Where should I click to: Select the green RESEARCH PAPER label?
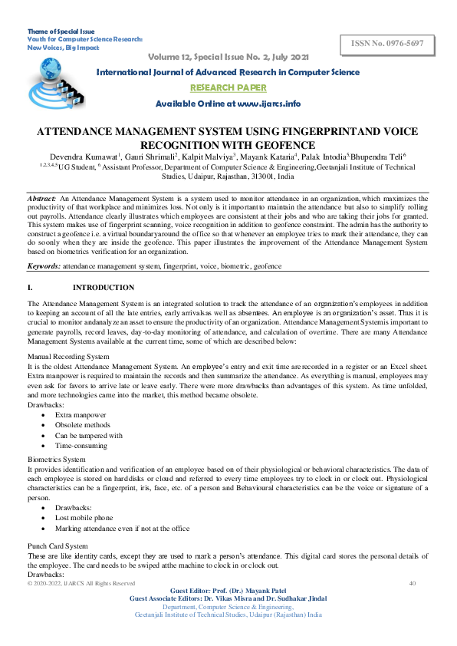(x=227, y=87)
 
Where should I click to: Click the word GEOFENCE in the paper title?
(x=266, y=143)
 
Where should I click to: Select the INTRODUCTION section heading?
(x=103, y=288)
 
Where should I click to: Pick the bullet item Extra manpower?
(x=81, y=414)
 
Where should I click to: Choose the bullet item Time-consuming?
(x=82, y=445)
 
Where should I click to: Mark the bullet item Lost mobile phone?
(x=85, y=518)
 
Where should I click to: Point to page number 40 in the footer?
(x=412, y=583)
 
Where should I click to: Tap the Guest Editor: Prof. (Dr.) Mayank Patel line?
(x=228, y=591)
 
